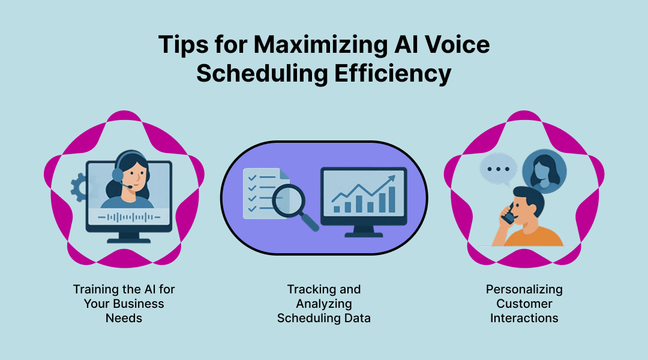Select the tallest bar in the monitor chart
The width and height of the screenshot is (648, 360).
click(x=392, y=199)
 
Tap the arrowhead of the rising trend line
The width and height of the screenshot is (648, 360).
click(x=392, y=178)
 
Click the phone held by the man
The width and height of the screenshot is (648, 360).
click(x=508, y=215)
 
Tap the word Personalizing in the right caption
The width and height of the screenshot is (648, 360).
click(x=524, y=289)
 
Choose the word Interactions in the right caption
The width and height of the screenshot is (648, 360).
click(x=524, y=318)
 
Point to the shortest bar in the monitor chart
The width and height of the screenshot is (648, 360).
click(x=337, y=209)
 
